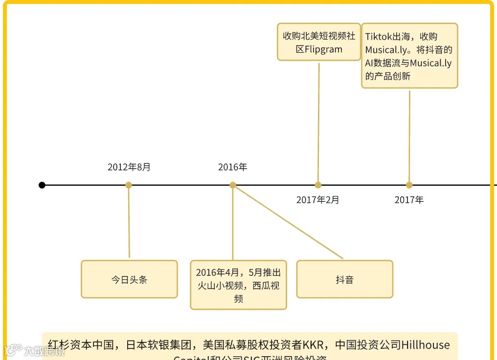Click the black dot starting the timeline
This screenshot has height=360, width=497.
pos(42,185)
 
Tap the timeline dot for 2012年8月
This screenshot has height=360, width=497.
pos(129,185)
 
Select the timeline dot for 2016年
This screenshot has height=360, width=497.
pos(233,185)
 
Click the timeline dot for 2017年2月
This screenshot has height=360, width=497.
pos(318,185)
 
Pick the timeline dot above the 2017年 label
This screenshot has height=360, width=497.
pos(409,185)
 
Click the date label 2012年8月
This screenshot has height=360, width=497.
pos(129,167)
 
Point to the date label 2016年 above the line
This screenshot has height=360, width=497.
pos(233,167)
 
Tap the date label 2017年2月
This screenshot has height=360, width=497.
pos(317,200)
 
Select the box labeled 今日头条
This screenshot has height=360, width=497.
pos(129,279)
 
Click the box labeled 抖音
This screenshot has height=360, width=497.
pos(344,279)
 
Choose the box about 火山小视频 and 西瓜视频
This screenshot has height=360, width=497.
pos(238,285)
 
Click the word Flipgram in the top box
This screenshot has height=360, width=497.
pos(323,49)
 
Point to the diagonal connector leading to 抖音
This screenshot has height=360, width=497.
pos(289,222)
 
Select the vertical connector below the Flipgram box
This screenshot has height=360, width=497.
pos(318,122)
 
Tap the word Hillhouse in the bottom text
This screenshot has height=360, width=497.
pos(425,345)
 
